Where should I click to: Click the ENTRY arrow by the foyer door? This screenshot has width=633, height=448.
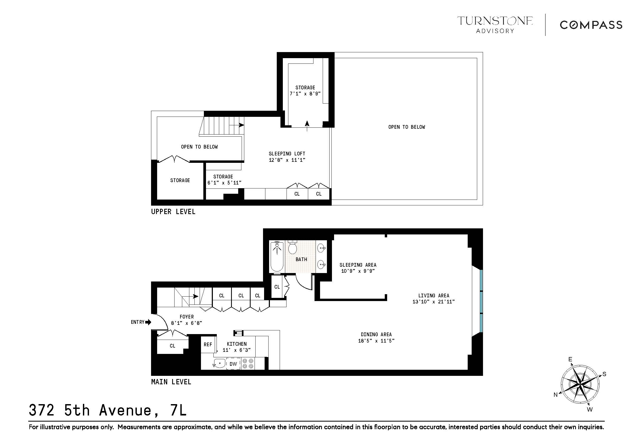(148, 322)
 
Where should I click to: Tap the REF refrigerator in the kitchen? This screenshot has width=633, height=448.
(208, 345)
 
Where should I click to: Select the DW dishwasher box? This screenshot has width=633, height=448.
(233, 364)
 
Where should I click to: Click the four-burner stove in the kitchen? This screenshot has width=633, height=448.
(248, 364)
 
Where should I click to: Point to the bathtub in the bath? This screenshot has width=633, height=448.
(277, 257)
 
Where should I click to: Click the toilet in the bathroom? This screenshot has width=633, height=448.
(292, 247)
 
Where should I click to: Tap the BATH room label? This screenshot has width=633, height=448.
(301, 259)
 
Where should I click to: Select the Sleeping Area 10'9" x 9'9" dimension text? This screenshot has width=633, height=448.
(358, 271)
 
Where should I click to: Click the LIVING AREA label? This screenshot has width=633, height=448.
(433, 295)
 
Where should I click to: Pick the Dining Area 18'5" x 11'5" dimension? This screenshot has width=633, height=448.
(376, 341)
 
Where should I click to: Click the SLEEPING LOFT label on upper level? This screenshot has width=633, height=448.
(287, 154)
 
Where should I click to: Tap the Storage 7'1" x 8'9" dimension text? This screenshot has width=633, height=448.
(305, 94)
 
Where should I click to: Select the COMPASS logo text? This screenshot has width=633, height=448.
(591, 25)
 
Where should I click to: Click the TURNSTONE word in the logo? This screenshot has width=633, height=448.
(495, 21)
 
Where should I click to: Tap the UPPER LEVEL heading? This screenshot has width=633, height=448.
(173, 212)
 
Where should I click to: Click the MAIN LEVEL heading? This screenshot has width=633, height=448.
(171, 382)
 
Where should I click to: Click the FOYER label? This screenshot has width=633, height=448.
(187, 317)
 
